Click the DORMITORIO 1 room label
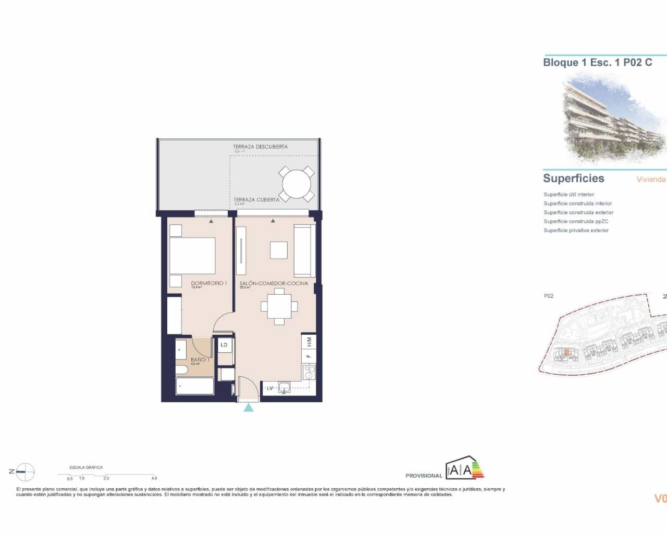click(x=208, y=283)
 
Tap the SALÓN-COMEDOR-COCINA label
click(x=273, y=284)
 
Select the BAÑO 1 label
click(x=200, y=360)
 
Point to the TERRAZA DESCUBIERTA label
click(x=260, y=147)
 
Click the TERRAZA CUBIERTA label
click(x=256, y=199)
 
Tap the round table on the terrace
click(x=297, y=184)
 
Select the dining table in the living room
click(x=279, y=307)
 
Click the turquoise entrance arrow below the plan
click(x=249, y=407)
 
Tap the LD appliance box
click(x=225, y=345)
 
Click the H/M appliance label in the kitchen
click(x=309, y=342)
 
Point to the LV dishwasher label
click(x=270, y=388)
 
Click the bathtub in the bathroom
click(x=195, y=387)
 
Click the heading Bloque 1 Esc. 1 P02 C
click(x=597, y=62)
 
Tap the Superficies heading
click(x=573, y=179)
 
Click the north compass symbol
click(x=24, y=472)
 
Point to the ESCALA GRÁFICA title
click(x=86, y=467)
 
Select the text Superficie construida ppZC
click(x=576, y=221)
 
